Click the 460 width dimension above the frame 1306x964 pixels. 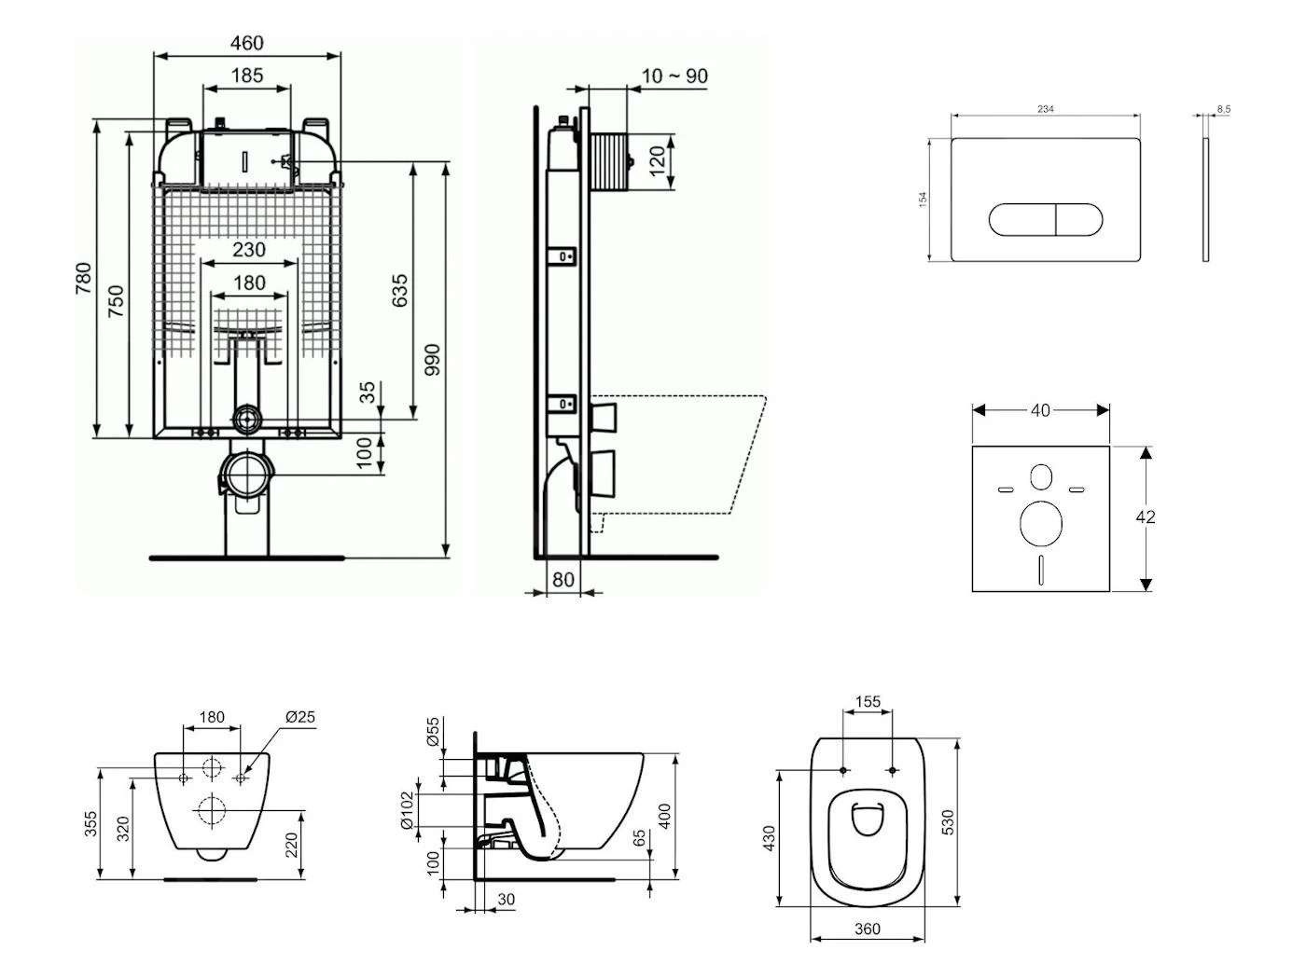246,43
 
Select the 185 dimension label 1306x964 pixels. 246,76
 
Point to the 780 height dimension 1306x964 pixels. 84,279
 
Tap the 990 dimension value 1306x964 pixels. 432,360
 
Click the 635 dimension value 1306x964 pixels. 399,291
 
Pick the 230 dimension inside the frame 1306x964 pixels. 248,250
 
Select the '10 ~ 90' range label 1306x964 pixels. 674,76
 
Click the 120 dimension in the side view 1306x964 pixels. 658,160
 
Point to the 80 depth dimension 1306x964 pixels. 563,580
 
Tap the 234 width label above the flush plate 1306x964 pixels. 1046,109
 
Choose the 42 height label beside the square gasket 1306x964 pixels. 1146,516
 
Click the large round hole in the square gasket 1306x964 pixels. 1041,523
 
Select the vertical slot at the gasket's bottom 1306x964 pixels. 1041,569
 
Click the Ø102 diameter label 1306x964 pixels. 407,810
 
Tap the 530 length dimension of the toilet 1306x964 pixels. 947,822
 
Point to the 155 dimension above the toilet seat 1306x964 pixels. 868,702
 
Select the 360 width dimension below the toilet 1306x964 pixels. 868,929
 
